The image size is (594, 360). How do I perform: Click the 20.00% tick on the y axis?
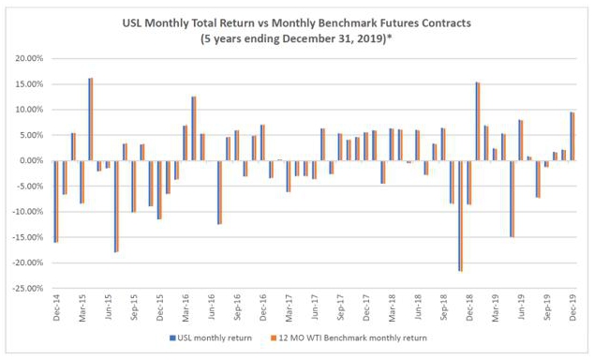30,59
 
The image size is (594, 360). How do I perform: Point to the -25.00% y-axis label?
28,289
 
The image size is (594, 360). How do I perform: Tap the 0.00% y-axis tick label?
32,160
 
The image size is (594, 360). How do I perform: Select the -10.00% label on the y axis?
28,212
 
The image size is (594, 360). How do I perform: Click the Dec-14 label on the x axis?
57,307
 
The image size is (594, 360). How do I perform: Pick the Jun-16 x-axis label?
212,307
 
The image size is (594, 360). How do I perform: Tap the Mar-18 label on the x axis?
392,307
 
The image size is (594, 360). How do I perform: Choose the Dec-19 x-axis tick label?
572,307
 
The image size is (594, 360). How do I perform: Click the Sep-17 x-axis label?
340,307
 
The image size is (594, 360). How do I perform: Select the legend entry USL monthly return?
211,338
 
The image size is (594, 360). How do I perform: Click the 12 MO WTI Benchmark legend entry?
349,338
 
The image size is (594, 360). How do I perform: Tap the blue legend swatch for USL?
172,338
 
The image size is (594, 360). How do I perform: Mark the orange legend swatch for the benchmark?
274,338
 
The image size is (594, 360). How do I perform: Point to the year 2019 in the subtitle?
374,38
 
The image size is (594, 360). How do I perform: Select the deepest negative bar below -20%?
460,216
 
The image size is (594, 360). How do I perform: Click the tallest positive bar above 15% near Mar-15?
91,119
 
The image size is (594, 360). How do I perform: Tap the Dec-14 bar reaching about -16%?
56,202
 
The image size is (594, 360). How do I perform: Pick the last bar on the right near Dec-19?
572,136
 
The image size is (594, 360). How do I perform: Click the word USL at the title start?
132,23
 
